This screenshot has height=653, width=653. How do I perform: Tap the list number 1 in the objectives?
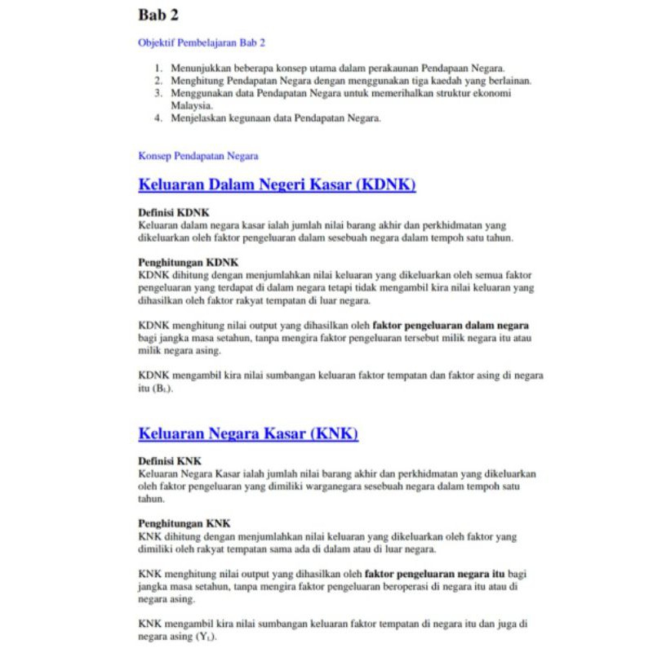[159, 69]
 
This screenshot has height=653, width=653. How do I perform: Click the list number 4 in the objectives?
[159, 118]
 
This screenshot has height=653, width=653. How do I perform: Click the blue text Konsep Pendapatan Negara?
[198, 156]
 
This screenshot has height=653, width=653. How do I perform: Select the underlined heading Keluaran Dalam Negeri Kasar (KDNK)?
[277, 184]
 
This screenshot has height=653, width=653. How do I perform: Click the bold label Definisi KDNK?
[174, 212]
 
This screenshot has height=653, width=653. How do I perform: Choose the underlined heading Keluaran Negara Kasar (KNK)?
[248, 433]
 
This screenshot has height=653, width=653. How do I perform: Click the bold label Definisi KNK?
[170, 461]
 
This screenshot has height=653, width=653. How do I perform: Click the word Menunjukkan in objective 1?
[203, 69]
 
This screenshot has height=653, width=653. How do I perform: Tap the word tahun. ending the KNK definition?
[152, 498]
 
